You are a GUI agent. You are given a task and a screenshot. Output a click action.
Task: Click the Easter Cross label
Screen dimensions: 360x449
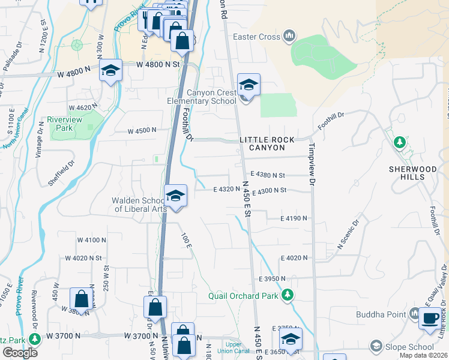point(257,37)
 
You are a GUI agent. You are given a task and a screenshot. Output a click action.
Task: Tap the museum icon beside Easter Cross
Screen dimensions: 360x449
point(289,37)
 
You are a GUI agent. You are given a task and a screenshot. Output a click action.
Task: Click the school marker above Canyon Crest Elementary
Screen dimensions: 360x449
point(249,85)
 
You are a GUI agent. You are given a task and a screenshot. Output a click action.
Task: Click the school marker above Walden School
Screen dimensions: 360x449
point(175,196)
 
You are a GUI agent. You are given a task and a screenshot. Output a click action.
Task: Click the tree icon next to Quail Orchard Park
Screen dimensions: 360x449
point(288,295)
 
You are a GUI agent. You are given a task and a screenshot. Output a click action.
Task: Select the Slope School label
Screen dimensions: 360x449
point(409,346)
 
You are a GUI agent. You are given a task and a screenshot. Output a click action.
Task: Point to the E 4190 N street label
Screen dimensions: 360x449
point(294,219)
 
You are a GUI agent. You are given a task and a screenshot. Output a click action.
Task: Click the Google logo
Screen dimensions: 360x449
point(20,352)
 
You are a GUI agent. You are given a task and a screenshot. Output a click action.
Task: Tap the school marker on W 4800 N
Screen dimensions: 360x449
point(111,71)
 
